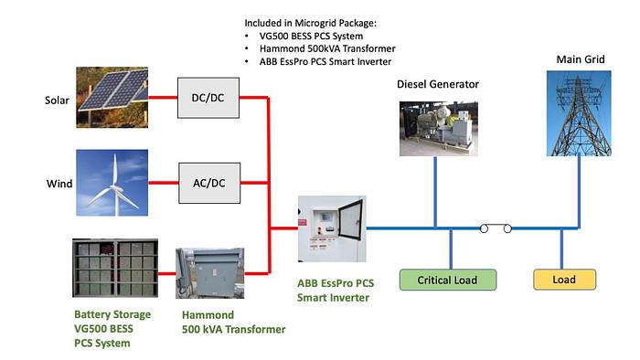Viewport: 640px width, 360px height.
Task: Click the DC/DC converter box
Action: point(208,98)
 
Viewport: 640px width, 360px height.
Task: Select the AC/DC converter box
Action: point(208,183)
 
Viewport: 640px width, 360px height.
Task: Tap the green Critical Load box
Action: point(448,280)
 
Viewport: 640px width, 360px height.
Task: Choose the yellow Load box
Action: point(564,280)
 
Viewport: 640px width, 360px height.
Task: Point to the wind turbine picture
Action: point(112,183)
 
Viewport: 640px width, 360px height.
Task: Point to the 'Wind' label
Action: point(59,184)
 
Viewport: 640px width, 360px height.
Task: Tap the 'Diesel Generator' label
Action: point(437,84)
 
